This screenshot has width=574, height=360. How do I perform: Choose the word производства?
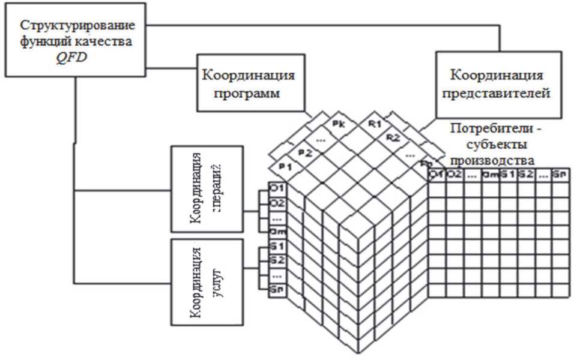pyautogui.click(x=492, y=160)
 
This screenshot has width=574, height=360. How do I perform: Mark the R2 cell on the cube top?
pyautogui.click(x=393, y=138)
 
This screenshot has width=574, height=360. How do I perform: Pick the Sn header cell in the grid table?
pyautogui.click(x=560, y=175)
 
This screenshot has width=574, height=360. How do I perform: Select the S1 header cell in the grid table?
pyautogui.click(x=507, y=175)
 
